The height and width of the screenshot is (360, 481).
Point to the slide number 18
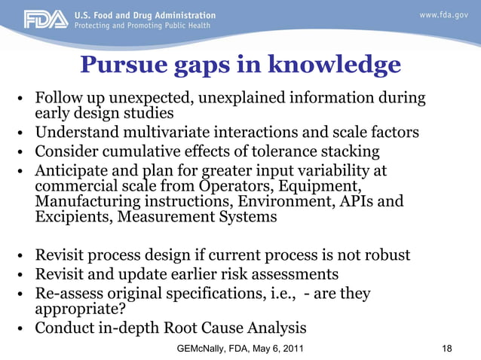coord(447,349)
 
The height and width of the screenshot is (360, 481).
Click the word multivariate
coord(164,134)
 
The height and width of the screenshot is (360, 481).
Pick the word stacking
coord(349,152)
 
